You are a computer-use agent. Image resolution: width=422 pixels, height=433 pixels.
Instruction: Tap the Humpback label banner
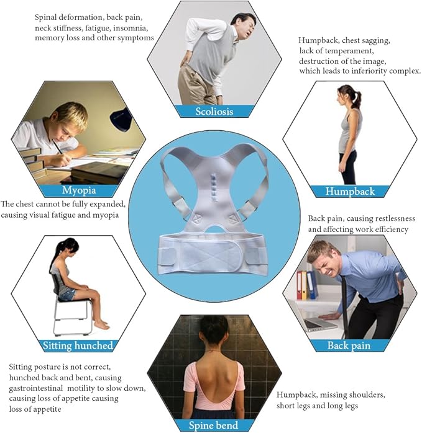click(349, 191)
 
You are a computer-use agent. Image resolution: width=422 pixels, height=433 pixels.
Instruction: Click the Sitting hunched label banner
click(78, 346)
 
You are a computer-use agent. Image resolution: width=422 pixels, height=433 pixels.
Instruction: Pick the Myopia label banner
click(78, 190)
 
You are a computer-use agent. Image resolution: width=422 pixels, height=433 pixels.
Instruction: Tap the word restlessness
click(388, 218)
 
